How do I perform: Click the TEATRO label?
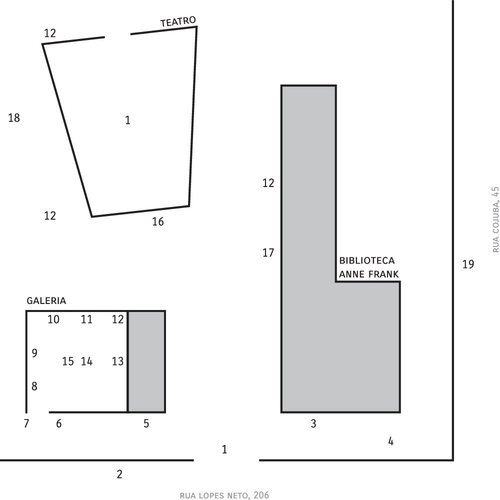click(178, 21)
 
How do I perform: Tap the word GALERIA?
click(46, 300)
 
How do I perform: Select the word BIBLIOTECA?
click(366, 260)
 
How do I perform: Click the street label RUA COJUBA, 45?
click(495, 219)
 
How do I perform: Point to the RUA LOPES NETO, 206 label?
click(224, 495)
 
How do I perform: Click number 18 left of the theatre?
click(14, 118)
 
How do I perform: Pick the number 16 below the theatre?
click(158, 221)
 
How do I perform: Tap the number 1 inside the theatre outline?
click(127, 120)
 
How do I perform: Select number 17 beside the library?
click(268, 253)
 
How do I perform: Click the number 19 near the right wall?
click(468, 264)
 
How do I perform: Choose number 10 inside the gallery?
click(53, 319)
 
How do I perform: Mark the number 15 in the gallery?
click(67, 361)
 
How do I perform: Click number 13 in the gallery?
click(117, 361)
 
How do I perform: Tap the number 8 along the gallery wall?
click(34, 386)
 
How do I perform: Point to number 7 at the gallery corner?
click(26, 423)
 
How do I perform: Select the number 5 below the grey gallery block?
click(146, 423)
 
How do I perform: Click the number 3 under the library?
click(313, 423)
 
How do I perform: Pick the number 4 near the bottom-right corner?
click(391, 441)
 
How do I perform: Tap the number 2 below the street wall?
click(119, 474)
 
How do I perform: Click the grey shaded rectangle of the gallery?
click(146, 361)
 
